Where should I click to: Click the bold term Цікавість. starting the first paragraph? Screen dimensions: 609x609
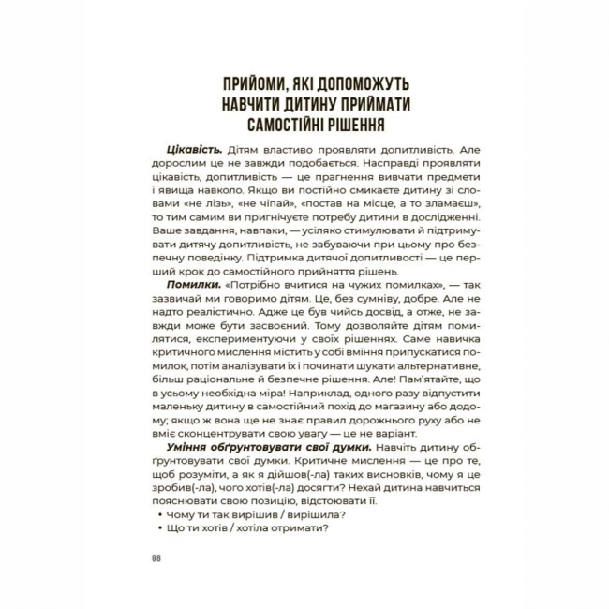(192, 151)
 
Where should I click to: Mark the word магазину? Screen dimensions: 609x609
(386, 419)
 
